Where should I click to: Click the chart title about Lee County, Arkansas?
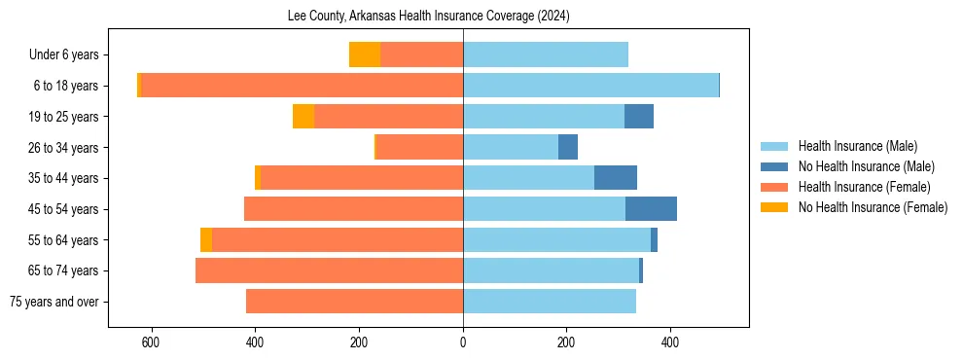pos(429,17)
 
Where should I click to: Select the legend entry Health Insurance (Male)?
pos(857,146)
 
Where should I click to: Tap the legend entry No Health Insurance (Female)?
pos(873,207)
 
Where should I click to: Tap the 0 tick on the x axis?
pos(463,342)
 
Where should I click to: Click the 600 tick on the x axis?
pos(151,342)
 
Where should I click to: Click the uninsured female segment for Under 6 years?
pos(365,54)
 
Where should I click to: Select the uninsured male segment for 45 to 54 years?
pos(651,209)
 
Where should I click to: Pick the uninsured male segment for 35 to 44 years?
pos(616,178)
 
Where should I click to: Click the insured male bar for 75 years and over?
pos(550,302)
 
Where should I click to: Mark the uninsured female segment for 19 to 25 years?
pos(303,117)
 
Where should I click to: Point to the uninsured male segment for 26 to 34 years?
pos(568,147)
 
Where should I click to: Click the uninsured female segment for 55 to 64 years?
pos(206,240)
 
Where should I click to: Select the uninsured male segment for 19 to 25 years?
pos(639,117)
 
